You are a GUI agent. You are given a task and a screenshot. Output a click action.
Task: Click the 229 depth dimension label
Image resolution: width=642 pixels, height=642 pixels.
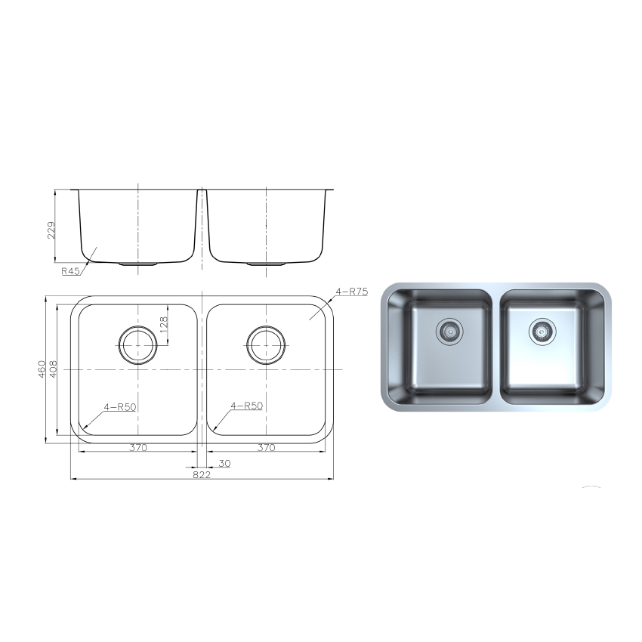pos(52,230)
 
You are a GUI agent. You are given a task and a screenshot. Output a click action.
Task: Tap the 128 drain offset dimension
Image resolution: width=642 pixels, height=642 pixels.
pos(164,325)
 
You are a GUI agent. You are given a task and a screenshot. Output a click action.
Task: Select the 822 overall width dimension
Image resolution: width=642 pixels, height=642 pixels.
pos(201,475)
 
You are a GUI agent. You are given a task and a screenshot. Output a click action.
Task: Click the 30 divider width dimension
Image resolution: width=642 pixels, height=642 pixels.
pos(224,463)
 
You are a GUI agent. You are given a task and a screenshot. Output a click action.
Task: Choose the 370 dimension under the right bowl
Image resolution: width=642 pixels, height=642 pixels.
pos(266,447)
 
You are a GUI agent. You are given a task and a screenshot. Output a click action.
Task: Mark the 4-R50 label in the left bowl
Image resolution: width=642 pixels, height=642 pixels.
pos(121,406)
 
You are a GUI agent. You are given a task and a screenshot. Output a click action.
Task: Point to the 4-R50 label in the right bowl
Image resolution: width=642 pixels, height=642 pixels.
pos(248,406)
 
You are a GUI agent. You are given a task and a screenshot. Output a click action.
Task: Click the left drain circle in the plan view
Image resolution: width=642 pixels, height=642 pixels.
pos(137,345)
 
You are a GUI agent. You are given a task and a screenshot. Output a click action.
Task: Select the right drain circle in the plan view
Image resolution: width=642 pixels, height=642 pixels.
pos(266,345)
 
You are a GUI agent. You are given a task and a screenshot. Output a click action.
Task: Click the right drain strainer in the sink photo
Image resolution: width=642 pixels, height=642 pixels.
pos(539,330)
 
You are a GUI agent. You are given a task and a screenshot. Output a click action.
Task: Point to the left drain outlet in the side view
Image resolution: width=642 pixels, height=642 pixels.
pos(137,264)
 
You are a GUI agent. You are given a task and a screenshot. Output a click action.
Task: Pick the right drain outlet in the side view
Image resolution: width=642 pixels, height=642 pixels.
pos(266,264)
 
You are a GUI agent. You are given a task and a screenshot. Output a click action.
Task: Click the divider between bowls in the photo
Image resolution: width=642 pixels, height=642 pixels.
pos(495,347)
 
